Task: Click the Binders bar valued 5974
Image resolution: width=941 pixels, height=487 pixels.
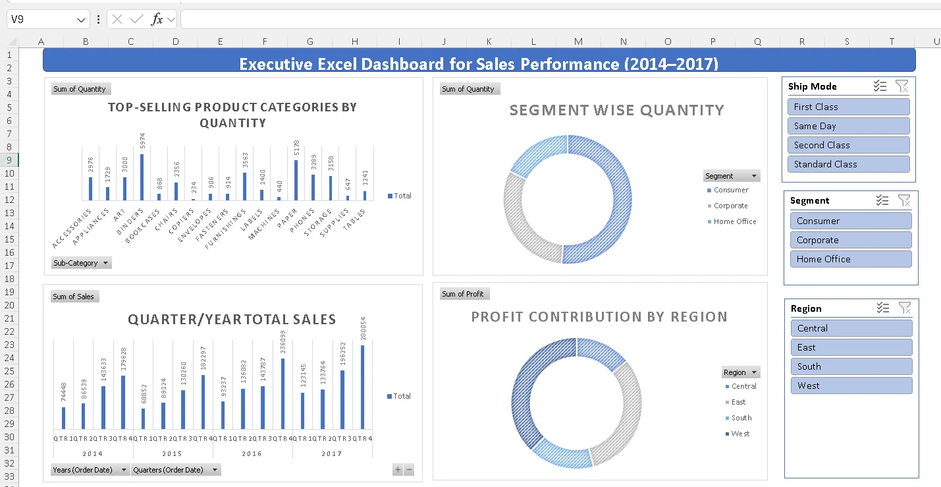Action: click(142, 177)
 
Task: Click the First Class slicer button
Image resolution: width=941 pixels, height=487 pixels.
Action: click(848, 107)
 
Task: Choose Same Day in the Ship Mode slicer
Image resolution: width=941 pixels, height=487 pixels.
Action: click(848, 126)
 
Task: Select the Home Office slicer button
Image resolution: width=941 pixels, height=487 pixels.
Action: click(851, 259)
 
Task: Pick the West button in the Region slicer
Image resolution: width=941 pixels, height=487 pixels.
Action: click(851, 386)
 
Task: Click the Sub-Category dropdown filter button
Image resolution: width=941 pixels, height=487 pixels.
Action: click(82, 263)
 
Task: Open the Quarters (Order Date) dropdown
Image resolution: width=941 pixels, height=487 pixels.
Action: click(176, 470)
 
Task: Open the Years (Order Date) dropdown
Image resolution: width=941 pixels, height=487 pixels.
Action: click(90, 470)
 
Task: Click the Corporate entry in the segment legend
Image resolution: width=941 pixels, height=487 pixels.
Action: click(730, 206)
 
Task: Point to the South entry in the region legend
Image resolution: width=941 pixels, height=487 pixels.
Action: click(741, 418)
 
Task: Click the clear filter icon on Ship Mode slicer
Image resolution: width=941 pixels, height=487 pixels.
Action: click(902, 86)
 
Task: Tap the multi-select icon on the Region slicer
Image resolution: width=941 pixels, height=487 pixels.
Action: click(883, 308)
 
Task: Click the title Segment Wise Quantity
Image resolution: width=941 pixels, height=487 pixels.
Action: click(616, 111)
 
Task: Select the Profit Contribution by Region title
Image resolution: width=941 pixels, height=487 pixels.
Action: click(599, 317)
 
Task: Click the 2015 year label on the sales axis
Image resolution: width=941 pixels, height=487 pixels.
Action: click(172, 453)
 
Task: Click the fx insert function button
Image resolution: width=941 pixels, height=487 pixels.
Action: click(157, 20)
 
